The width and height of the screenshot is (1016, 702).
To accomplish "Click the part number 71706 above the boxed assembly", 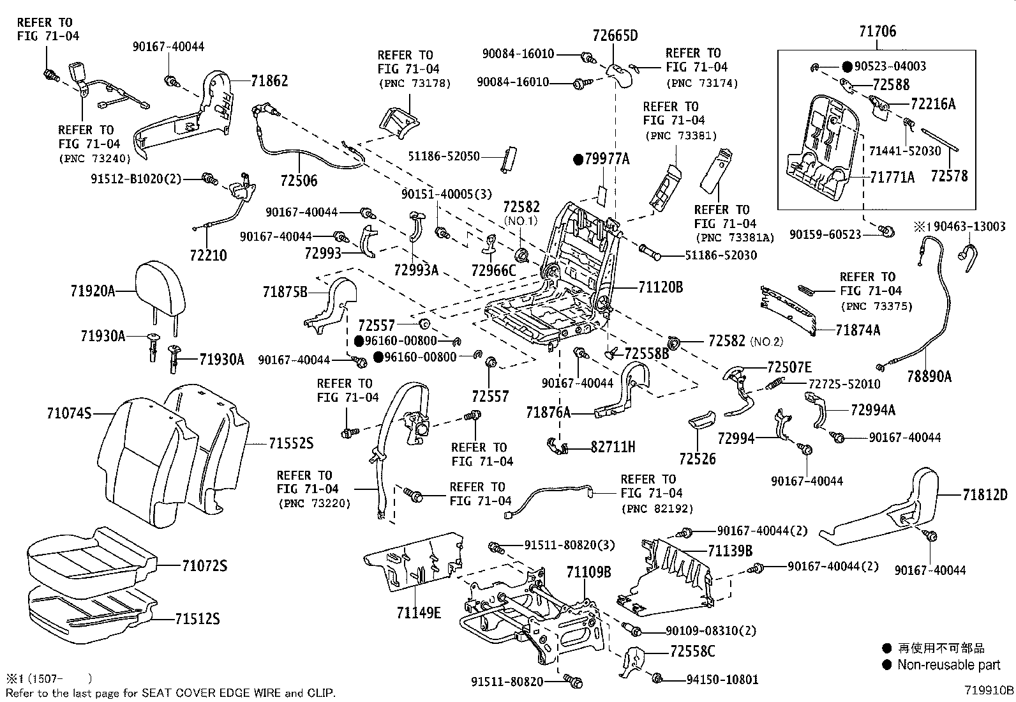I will [877, 31].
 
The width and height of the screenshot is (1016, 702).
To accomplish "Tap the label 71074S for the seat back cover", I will [68, 414].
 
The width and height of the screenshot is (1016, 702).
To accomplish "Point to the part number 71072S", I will [204, 566].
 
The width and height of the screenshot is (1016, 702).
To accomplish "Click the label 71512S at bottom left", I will [197, 618].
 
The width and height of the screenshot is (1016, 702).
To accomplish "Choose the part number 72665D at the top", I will [615, 35].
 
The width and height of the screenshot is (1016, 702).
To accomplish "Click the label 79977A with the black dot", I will [606, 159].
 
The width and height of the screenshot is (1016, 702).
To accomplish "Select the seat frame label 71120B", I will [661, 287].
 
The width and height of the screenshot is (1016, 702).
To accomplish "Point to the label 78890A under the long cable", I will [929, 377].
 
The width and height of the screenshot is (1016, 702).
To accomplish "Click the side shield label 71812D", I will [985, 494].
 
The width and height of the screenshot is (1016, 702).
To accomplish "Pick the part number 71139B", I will [730, 551].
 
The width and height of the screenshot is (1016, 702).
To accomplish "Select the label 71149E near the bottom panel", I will [419, 613].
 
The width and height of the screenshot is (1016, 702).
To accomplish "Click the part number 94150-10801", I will [722, 680].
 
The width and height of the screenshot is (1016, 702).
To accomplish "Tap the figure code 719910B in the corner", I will [989, 691].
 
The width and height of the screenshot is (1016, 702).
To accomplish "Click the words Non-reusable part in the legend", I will [948, 665].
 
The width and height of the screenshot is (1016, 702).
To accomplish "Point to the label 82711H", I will [613, 447].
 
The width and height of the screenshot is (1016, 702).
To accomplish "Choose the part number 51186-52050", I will [445, 156].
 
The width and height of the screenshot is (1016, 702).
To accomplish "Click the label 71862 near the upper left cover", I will [269, 81].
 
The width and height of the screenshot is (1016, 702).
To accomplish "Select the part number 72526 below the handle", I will [698, 459].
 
